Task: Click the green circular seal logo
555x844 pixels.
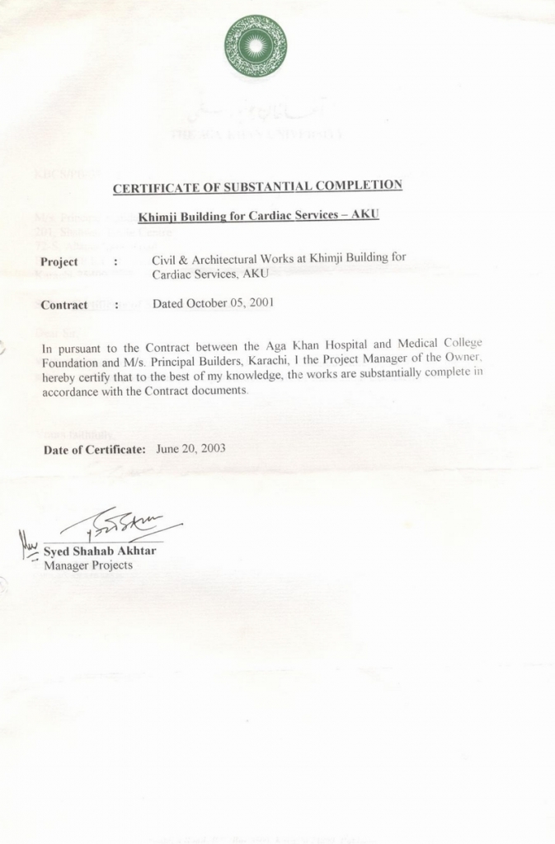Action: (x=256, y=46)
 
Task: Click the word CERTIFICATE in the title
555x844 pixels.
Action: (x=154, y=188)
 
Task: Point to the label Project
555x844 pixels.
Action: (x=59, y=262)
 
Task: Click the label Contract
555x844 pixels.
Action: (x=64, y=305)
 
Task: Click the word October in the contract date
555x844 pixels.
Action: (x=206, y=302)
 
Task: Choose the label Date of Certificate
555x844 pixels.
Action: (x=94, y=450)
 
